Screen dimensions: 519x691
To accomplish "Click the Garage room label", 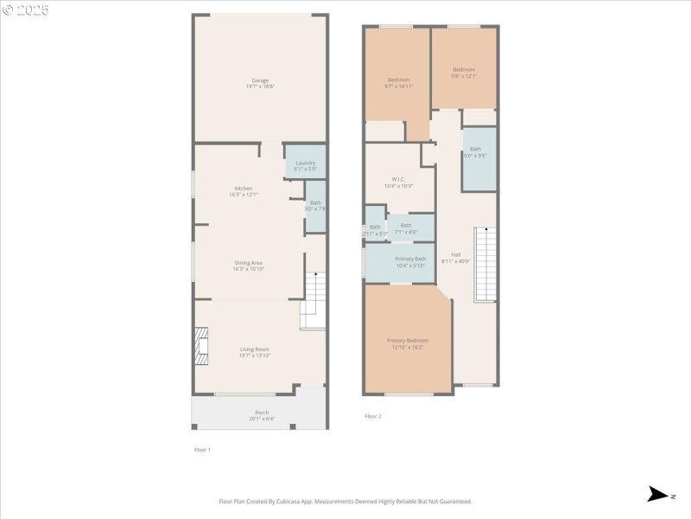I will pyautogui.click(x=260, y=83).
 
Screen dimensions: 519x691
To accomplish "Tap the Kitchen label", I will pyautogui.click(x=244, y=191).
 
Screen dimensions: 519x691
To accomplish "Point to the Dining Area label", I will pyautogui.click(x=248, y=266).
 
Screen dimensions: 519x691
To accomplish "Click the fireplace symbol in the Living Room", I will pyautogui.click(x=201, y=342).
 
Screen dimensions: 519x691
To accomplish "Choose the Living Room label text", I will pyautogui.click(x=255, y=352).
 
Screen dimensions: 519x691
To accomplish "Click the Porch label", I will pyautogui.click(x=261, y=415).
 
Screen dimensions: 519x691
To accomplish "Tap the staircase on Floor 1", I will pyautogui.click(x=314, y=300).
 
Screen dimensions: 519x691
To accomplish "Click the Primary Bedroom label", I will pyautogui.click(x=407, y=343).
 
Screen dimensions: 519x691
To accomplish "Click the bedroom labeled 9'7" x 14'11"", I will pyautogui.click(x=397, y=82).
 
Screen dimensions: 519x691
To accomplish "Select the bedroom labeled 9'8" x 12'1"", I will pyautogui.click(x=464, y=72).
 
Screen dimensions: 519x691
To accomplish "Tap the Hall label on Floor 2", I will pyautogui.click(x=456, y=257).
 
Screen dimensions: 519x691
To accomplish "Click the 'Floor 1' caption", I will pyautogui.click(x=201, y=450).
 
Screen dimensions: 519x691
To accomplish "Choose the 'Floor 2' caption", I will pyautogui.click(x=372, y=416).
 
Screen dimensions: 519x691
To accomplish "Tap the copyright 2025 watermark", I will pyautogui.click(x=26, y=10).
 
